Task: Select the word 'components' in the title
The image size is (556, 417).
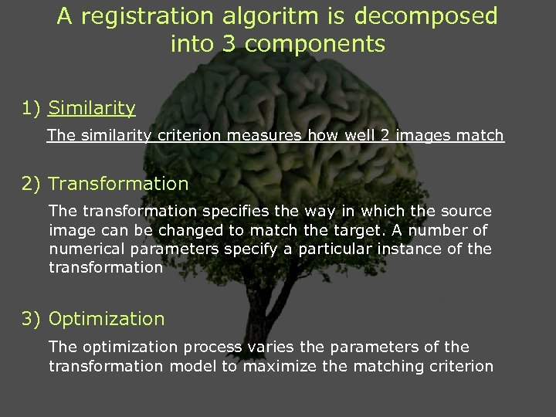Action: (x=317, y=44)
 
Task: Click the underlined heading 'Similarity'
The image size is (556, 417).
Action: (x=91, y=109)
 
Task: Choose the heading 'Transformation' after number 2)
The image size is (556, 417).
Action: (x=118, y=184)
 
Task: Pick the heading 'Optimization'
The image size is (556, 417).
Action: (x=107, y=319)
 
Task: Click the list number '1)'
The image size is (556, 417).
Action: (x=32, y=109)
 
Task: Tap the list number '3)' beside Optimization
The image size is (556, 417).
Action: (x=32, y=319)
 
